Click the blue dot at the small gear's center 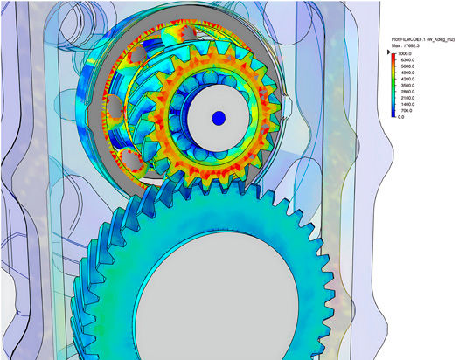[219, 117]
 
